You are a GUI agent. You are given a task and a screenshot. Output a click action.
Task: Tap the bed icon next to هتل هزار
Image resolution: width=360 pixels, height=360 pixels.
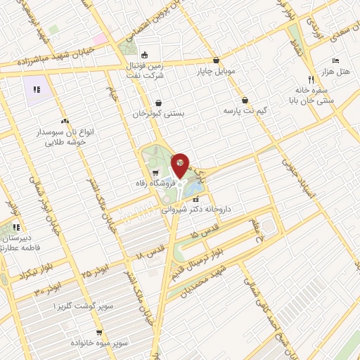point(335,60)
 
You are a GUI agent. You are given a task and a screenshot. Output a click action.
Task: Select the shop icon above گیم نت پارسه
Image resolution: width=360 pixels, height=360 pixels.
point(245,100)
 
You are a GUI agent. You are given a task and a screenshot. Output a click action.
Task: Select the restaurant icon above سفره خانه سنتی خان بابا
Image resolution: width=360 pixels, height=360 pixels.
point(310,79)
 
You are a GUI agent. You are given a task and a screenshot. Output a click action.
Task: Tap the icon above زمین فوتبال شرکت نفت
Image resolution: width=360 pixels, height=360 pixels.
point(145,56)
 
